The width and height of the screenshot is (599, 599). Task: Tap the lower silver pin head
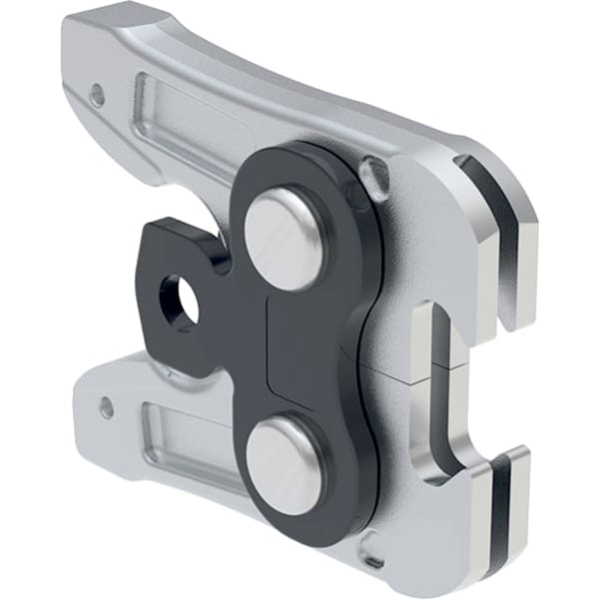(x=286, y=465)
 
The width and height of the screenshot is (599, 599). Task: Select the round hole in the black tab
(x=178, y=300)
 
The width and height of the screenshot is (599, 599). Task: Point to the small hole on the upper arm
(x=97, y=96)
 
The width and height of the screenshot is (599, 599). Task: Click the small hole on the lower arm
(x=106, y=406)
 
